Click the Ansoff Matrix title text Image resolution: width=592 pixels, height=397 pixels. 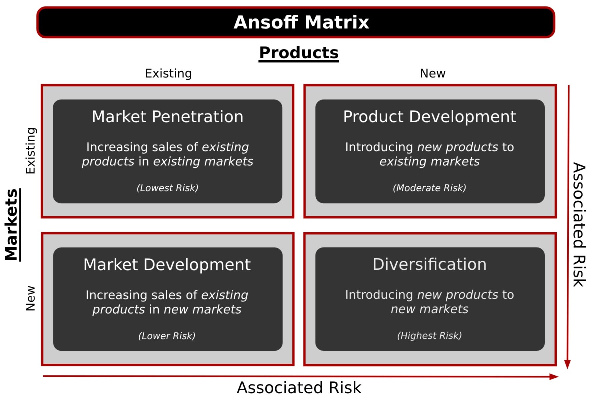coord(301,22)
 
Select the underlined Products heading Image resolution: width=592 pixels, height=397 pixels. coord(299,53)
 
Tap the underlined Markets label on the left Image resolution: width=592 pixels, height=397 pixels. coord(12,225)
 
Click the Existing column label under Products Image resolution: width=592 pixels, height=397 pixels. coord(168,73)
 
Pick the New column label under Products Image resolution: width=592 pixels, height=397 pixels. coord(432,73)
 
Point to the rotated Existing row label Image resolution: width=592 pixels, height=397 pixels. coord(30,151)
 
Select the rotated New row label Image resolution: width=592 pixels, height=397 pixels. coord(30,298)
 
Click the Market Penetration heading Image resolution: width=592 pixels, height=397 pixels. coord(167,117)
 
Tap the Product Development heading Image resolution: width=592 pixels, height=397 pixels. coord(430,117)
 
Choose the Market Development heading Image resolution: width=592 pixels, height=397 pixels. coord(167,265)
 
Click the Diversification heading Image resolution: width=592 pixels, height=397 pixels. coord(429,264)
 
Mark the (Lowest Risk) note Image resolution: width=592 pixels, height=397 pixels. coord(167,188)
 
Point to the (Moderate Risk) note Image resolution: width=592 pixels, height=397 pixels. coord(429,188)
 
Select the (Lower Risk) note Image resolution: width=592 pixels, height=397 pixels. coord(167,336)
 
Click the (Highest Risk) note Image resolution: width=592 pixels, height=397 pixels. coord(429,335)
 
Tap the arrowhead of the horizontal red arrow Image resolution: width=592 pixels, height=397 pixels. coord(554,377)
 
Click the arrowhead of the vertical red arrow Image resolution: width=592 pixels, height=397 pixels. coord(567,364)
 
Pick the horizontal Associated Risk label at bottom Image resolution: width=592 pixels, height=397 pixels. coord(299,388)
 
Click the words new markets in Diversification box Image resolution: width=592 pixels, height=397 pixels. coord(429,309)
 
